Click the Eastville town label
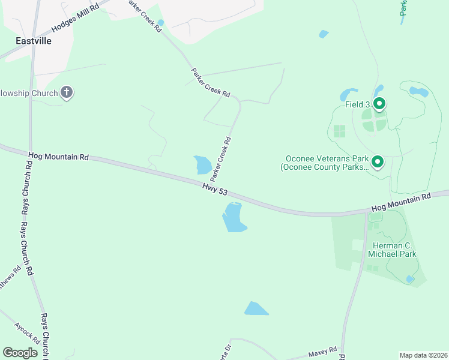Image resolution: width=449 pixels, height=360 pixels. [x=34, y=41]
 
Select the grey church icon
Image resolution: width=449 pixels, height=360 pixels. [x=67, y=93]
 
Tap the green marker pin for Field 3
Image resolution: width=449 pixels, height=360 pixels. [x=379, y=104]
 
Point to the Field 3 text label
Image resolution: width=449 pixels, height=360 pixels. [x=358, y=104]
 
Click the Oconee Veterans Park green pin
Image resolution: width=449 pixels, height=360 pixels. [x=378, y=161]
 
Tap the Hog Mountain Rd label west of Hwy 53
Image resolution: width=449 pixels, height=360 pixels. [x=58, y=157]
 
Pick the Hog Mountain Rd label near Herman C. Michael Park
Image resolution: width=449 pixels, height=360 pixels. [x=401, y=202]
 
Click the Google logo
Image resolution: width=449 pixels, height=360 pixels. [x=20, y=353]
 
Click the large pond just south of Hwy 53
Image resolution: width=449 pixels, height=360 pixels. [x=233, y=217]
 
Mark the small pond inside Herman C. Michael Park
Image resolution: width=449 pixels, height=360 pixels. [x=410, y=279]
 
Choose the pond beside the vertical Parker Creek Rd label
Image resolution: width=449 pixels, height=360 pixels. [x=202, y=164]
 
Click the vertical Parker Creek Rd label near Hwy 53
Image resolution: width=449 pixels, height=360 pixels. [x=220, y=159]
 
